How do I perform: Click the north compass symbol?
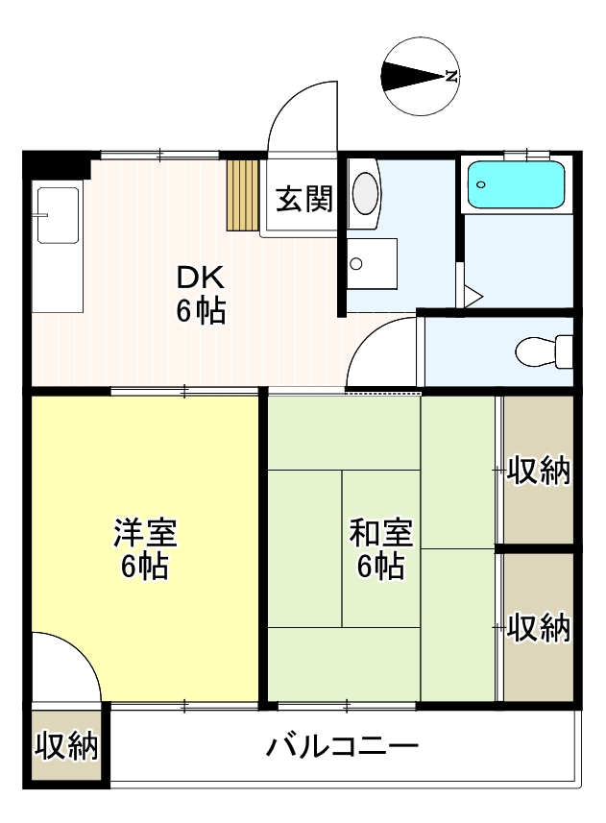421,76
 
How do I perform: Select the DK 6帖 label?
200,294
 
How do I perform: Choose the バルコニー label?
342,746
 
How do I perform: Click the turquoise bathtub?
516,184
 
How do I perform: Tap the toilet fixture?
544,351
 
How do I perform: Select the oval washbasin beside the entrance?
365,193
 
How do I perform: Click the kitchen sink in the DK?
57,213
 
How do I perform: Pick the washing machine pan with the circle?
371,262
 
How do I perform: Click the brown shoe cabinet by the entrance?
243,195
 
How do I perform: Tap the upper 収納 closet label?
538,472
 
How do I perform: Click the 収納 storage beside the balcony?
67,746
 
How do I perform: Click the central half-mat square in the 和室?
380,548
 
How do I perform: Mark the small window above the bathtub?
525,154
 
